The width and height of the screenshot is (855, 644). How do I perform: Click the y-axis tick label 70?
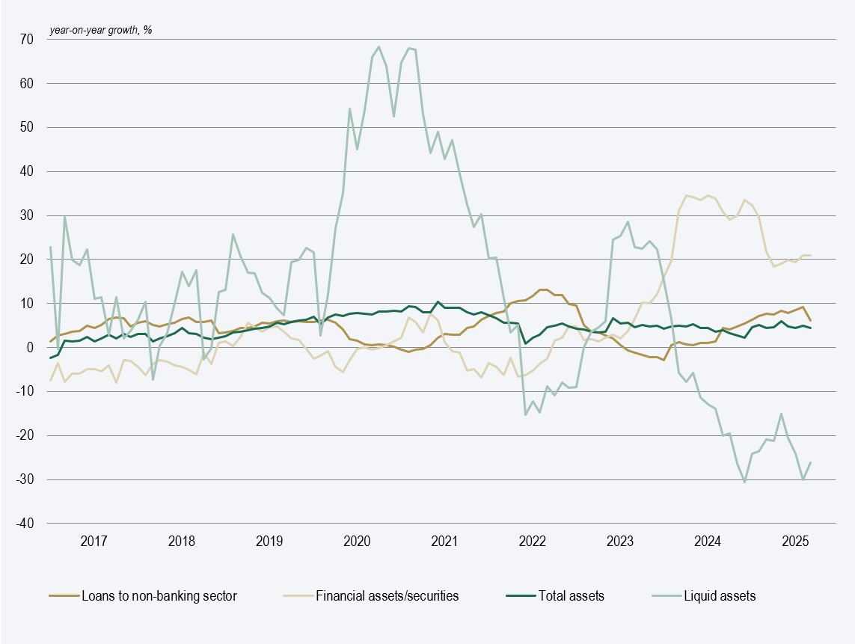(26, 39)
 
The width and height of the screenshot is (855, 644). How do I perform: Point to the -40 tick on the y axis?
(24, 524)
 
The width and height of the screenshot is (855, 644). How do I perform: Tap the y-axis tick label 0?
(29, 348)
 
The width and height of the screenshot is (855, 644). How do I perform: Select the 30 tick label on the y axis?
(26, 215)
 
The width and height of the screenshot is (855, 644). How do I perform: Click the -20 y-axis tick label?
(24, 435)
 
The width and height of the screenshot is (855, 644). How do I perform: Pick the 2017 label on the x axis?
(94, 540)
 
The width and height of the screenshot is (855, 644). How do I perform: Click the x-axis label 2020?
(357, 540)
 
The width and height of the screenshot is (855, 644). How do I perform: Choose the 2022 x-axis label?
(532, 540)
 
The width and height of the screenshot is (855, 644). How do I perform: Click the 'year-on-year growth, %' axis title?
(100, 31)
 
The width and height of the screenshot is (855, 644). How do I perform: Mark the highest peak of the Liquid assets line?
(379, 46)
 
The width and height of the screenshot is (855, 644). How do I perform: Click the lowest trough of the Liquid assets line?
(745, 482)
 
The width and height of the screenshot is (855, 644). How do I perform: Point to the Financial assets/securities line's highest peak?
(686, 195)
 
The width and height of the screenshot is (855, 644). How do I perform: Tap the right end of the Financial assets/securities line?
(811, 256)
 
